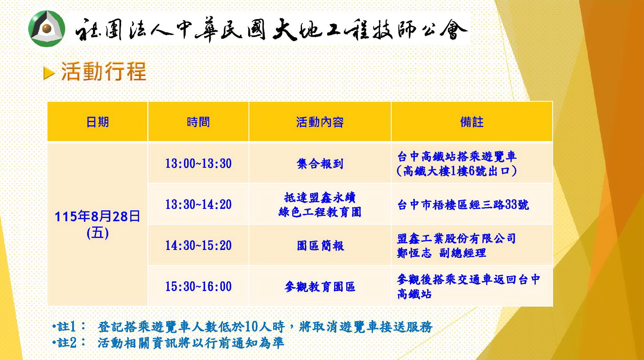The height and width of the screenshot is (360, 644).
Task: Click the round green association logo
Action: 47,29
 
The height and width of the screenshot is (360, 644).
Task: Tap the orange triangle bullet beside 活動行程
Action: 49,73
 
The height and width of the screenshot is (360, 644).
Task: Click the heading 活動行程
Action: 104,71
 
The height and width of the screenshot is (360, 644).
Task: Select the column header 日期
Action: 97,122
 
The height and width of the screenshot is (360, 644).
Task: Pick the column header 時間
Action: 198,122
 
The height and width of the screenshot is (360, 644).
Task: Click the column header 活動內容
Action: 320,122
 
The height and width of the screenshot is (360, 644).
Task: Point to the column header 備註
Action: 472,122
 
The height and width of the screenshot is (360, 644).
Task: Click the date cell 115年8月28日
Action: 97,217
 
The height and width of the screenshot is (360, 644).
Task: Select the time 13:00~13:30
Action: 198,163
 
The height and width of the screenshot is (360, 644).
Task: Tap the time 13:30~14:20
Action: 198,204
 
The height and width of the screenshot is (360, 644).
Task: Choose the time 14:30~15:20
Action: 198,245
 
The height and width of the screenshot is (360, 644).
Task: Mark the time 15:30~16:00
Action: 198,286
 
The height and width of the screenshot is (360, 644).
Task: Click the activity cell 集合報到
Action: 320,164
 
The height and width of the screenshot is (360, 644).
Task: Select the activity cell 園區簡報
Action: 320,246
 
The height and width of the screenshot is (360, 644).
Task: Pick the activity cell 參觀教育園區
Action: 320,287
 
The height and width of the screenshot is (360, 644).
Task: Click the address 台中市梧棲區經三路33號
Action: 463,204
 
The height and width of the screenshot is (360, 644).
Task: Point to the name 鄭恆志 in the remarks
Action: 414,253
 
